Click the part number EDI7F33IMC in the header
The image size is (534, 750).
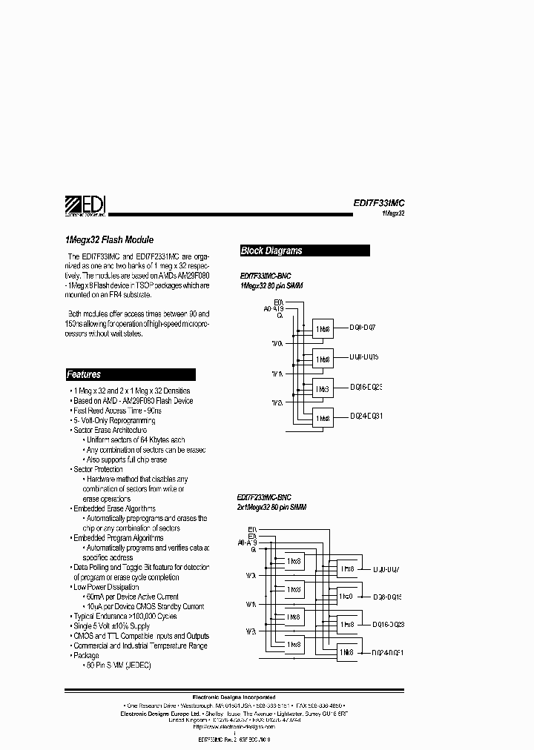[379, 202]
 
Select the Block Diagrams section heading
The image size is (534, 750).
[272, 251]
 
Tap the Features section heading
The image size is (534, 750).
[84, 375]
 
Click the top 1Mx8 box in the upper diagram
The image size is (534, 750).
[323, 328]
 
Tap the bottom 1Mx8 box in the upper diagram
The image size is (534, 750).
[323, 418]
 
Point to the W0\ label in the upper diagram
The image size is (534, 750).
[277, 344]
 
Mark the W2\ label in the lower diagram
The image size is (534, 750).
[251, 631]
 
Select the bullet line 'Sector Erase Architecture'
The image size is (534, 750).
[110, 430]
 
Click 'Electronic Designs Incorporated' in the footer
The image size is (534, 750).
[234, 697]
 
